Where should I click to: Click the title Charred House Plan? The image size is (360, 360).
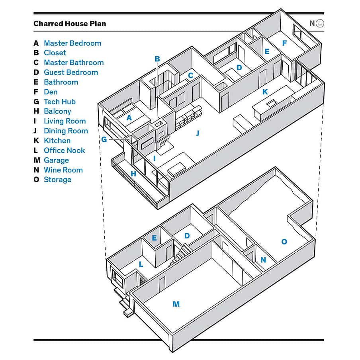[x=70, y=23]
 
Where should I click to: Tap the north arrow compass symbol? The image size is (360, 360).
[x=320, y=23]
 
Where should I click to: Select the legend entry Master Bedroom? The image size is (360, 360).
[x=72, y=43]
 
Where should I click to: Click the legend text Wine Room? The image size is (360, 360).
[x=63, y=170]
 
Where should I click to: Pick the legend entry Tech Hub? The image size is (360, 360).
[x=60, y=102]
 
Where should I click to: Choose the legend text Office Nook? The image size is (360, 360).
[x=65, y=151]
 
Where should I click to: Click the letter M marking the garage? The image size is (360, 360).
[x=176, y=304]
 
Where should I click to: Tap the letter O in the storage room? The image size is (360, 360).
[x=284, y=242]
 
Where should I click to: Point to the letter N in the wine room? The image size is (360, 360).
[x=263, y=260]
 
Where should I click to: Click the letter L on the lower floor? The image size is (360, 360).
[x=141, y=264]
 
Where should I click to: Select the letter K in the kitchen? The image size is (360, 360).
[x=265, y=92]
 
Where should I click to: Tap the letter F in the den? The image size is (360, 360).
[x=284, y=43]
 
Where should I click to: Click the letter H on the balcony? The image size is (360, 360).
[x=133, y=174]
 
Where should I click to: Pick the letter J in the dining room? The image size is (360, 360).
[x=198, y=133]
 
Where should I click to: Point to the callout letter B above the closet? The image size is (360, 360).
[x=157, y=59]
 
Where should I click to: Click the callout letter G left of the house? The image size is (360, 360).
[x=104, y=139]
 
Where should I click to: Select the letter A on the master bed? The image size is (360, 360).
[x=129, y=117]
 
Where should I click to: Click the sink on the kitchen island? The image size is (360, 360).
[x=272, y=103]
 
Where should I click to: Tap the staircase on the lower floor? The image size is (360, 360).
[x=180, y=254]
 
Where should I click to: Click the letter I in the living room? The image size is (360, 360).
[x=154, y=158]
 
